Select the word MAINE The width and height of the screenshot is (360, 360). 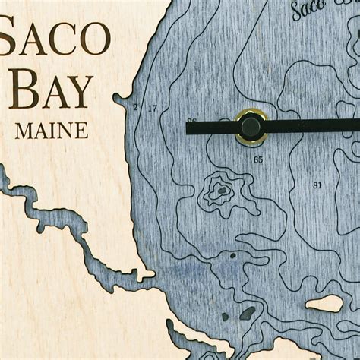tap(51, 131)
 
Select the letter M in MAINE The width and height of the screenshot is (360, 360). tap(23, 131)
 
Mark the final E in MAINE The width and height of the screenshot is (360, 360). tap(81, 131)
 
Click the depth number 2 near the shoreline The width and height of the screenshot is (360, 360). tap(135, 108)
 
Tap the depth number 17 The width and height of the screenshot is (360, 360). tap(152, 109)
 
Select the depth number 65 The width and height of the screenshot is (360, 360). tap(258, 159)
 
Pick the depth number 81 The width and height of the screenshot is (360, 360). tap(317, 185)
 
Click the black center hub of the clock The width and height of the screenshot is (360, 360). tap(251, 127)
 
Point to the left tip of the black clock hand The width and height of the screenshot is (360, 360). tap(188, 127)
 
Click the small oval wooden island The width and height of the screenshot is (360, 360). tap(324, 304)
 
